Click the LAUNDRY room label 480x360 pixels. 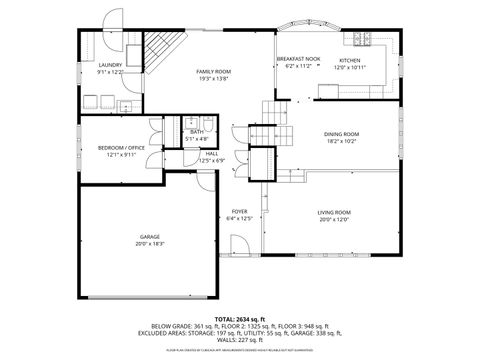click(x=109, y=65)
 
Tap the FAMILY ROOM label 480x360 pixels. click(x=213, y=72)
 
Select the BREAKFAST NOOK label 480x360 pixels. click(x=298, y=59)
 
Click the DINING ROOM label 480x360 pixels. click(x=341, y=134)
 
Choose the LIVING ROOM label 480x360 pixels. click(x=334, y=212)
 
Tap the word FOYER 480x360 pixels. click(x=240, y=211)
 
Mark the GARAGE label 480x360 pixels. click(x=149, y=237)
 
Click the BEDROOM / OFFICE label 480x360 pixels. click(x=121, y=148)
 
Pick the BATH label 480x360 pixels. click(x=197, y=132)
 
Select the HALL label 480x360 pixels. click(x=212, y=154)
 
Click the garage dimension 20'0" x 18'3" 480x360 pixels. click(x=149, y=244)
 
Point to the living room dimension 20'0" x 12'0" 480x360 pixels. click(x=334, y=219)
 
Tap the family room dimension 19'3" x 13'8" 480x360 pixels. click(x=213, y=79)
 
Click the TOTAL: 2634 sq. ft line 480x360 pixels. click(x=240, y=319)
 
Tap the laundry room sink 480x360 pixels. click(x=127, y=104)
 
